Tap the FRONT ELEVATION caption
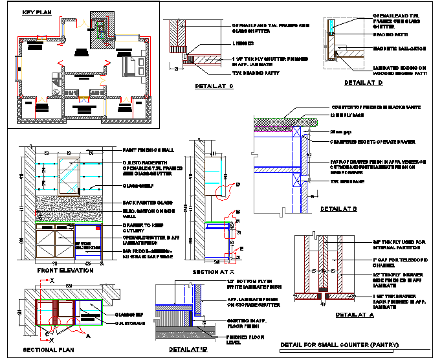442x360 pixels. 65,269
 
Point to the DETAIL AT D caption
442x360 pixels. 363,83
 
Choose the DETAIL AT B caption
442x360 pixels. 338,209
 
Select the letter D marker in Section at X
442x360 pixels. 238,185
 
